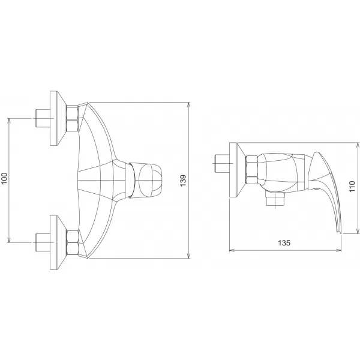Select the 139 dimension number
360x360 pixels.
point(183,179)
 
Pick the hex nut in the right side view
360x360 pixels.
point(252,170)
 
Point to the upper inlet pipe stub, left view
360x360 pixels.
point(43,118)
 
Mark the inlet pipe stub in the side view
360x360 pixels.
point(221,163)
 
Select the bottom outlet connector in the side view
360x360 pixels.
point(275,199)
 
